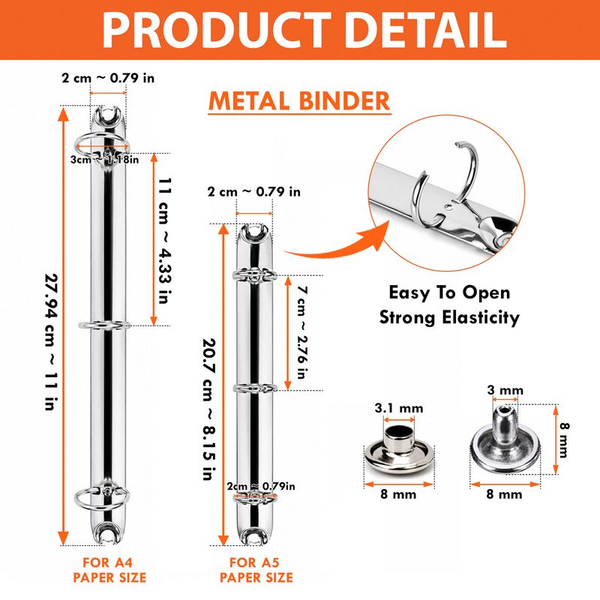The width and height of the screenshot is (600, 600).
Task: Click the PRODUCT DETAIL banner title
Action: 304,30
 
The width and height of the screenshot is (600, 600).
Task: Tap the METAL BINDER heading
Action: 299,101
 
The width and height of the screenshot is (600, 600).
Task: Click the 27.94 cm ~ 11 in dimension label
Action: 51,342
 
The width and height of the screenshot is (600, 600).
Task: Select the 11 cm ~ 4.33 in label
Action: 165,240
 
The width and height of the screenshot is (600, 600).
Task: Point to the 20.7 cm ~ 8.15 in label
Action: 209,409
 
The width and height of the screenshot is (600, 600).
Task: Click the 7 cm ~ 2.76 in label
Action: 302,332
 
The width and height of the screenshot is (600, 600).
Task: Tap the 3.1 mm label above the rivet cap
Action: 399,408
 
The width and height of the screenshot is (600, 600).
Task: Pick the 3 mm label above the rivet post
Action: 505,390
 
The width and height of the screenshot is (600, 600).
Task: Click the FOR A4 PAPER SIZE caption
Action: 109,570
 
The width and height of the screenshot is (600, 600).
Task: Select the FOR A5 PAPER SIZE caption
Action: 256,570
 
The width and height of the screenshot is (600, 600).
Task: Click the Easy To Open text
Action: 449,292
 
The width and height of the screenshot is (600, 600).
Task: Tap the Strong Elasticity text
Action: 449,317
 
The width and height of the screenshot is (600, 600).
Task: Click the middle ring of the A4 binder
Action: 104,325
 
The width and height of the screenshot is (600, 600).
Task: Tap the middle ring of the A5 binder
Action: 255,388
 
